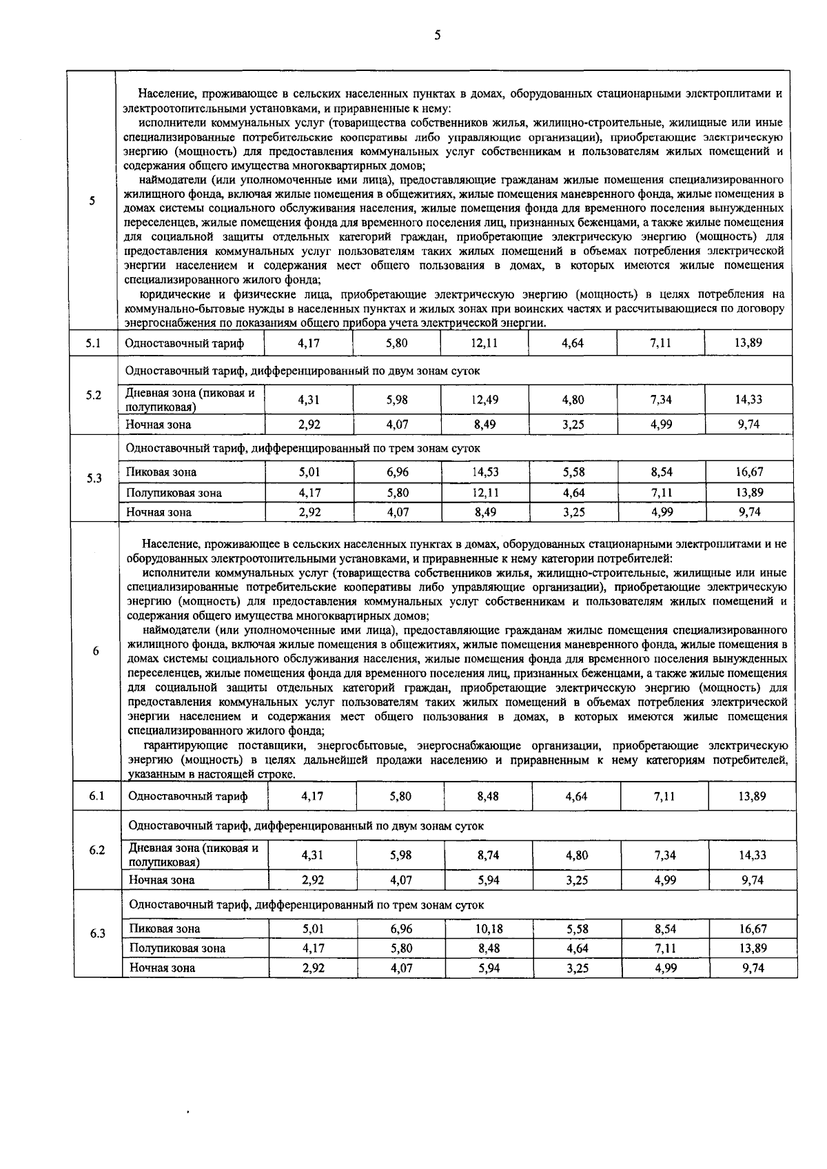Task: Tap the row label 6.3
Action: pos(97,934)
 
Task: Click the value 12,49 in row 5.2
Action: pos(485,400)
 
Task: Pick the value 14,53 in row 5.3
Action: pos(485,472)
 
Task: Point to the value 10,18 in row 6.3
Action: pos(489,929)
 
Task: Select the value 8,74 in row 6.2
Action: pos(489,855)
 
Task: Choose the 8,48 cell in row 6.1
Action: pos(489,796)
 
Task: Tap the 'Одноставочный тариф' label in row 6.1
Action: pos(188,797)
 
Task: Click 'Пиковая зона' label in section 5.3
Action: pos(161,472)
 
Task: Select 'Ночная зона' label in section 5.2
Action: pos(159,425)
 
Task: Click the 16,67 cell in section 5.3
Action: pos(749,472)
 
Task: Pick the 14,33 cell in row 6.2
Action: pos(752,855)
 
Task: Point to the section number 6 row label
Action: pos(96,651)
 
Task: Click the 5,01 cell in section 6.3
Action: pos(313,929)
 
